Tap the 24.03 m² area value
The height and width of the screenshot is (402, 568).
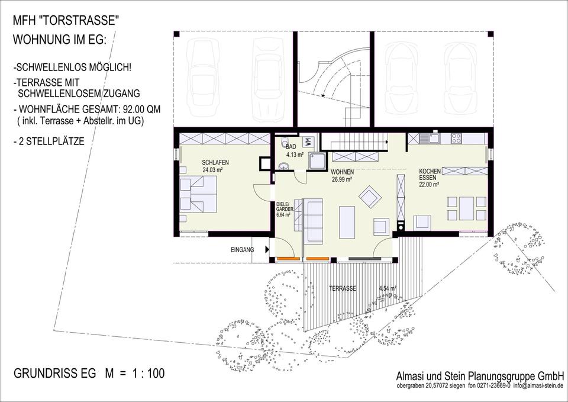point(212,169)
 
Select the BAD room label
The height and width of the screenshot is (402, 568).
point(291,147)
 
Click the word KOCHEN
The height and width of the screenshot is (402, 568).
point(430,171)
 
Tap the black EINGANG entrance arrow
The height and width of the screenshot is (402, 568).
point(267,249)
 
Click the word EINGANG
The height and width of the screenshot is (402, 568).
point(243,250)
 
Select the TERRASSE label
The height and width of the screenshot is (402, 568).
point(343,288)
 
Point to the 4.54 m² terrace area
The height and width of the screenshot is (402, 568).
point(388,288)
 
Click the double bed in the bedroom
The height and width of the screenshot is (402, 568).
point(198,194)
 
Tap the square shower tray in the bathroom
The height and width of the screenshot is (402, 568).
point(317,160)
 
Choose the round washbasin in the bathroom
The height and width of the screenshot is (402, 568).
point(283,166)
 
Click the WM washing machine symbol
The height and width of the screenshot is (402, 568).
point(309,141)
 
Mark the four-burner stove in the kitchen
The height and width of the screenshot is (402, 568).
point(456,138)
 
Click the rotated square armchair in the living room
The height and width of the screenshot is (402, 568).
point(370,197)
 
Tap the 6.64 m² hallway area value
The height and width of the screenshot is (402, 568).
point(283,214)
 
